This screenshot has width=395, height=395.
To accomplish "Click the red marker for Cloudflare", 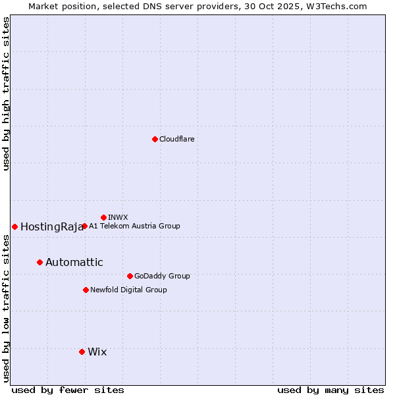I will [155, 139].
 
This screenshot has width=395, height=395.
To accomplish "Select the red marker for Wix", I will [82, 352].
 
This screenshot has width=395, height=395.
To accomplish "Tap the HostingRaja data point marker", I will [14, 226].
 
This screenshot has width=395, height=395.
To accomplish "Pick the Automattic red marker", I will [39, 262].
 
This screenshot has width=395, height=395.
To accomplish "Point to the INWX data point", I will [103, 217].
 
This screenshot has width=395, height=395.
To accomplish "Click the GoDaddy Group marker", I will [130, 276].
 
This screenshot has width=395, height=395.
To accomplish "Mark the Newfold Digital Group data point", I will [86, 290].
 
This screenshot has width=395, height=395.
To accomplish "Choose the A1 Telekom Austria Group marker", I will [84, 226].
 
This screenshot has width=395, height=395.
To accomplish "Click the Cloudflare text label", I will [177, 139].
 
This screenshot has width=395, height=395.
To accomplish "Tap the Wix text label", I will [97, 352].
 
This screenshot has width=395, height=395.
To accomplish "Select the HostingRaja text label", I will [51, 226].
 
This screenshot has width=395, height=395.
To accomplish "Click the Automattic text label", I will [74, 262].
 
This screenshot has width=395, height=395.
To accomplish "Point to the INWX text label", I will [118, 217].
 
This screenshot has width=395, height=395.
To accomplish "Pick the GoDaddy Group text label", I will [162, 276].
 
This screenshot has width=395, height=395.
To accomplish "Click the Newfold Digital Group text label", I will [129, 290].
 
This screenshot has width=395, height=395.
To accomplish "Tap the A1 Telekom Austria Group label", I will [134, 226].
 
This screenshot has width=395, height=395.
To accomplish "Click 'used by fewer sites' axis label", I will [68, 390].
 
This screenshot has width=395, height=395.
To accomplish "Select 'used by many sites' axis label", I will [330, 390].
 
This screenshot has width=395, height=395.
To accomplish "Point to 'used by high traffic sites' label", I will [6, 93].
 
